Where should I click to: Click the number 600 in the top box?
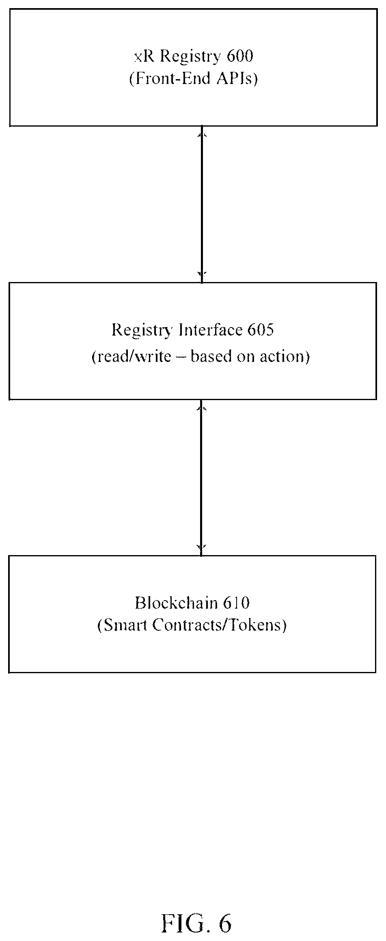pos(240,56)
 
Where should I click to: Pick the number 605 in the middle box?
pos(261,330)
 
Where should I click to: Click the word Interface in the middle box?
pos(211,330)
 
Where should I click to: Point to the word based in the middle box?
pos(209,356)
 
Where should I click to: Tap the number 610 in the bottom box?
pos(236,603)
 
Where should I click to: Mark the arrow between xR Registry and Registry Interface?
pos(202,204)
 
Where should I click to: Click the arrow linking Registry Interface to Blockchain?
pos(202,478)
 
